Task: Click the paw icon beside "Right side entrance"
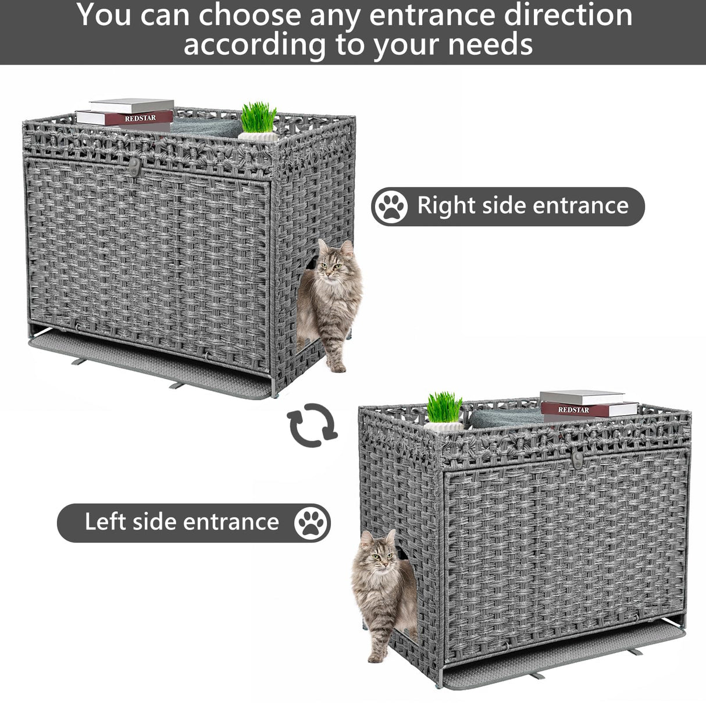click(x=391, y=206)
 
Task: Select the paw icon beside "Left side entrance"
click(x=311, y=522)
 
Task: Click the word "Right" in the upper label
click(x=443, y=206)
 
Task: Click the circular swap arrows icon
click(x=313, y=425)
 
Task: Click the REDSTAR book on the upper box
click(x=125, y=118)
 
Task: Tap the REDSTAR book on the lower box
click(x=589, y=409)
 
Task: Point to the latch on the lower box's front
click(x=576, y=459)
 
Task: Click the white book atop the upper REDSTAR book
click(x=131, y=105)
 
